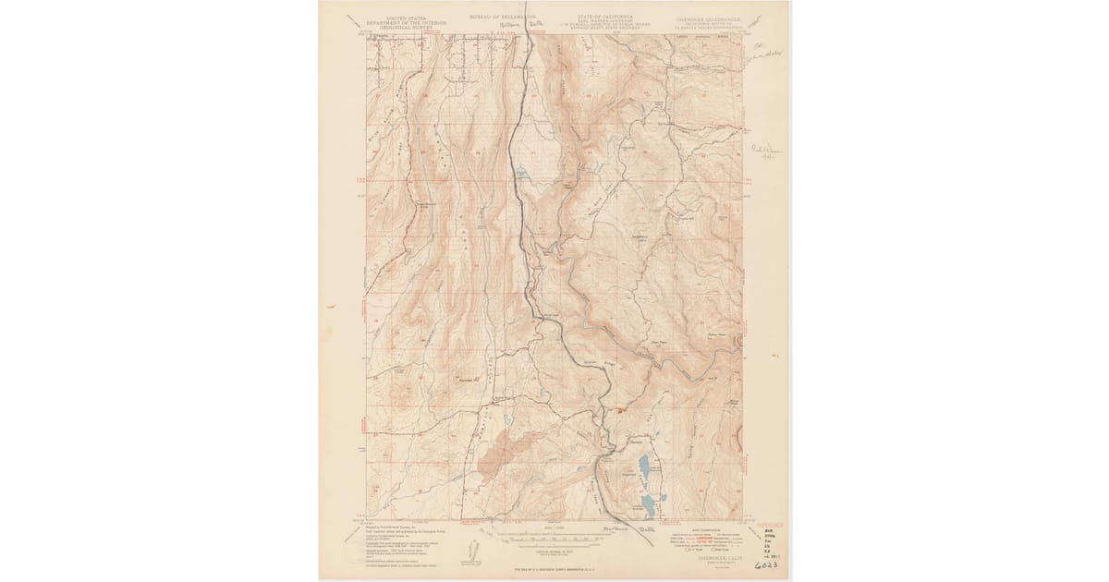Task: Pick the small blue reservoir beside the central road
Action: pos(523,172)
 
